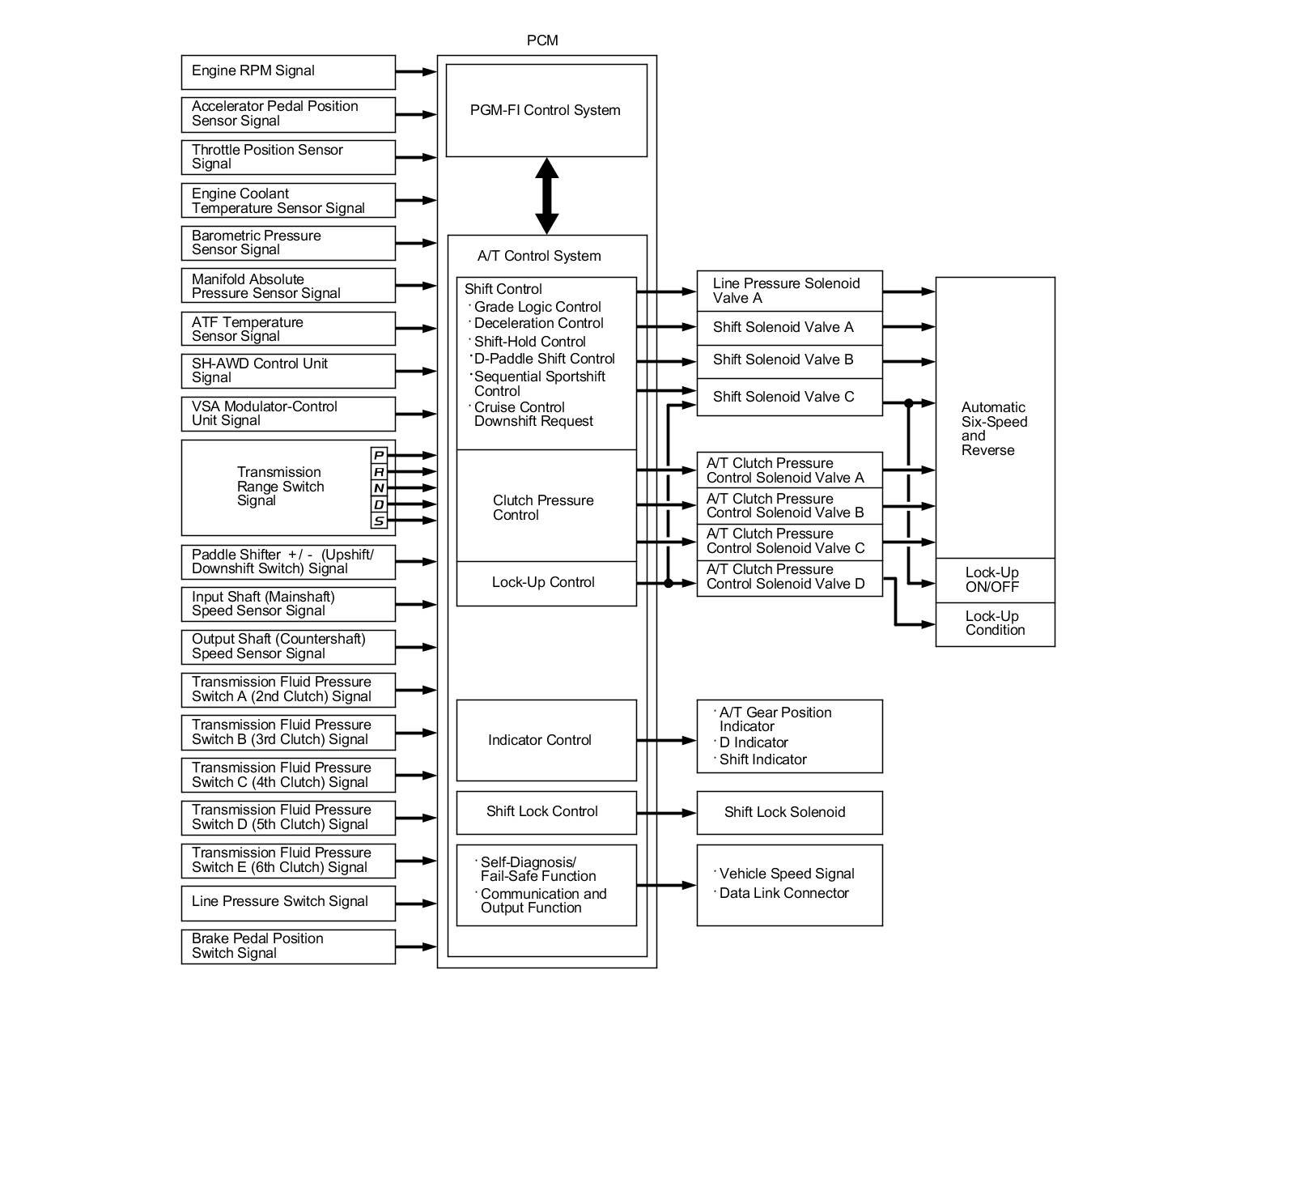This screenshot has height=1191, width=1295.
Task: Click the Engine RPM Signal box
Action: point(287,72)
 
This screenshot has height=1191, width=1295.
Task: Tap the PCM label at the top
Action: point(542,40)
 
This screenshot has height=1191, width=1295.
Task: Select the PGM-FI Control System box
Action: point(546,110)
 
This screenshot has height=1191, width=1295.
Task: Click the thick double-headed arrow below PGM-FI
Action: point(547,196)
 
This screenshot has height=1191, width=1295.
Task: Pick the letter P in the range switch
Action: point(378,455)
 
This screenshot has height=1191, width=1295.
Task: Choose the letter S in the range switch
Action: point(378,521)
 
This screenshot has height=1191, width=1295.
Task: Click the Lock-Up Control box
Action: point(546,583)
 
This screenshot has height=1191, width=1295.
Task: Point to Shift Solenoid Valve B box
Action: point(789,360)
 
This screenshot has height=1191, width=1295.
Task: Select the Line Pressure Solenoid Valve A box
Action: point(789,291)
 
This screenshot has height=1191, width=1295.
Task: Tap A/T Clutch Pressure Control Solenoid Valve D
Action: point(789,577)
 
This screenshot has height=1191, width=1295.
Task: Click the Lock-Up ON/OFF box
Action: point(995,580)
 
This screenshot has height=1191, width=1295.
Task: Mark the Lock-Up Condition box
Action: point(995,623)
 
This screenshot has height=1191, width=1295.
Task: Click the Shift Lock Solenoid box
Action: point(789,812)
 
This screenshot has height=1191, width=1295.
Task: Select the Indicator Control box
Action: point(546,740)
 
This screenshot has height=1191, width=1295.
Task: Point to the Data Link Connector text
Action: point(783,893)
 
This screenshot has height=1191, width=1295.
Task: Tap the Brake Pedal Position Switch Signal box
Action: point(287,946)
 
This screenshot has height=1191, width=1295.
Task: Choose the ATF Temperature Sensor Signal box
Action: point(287,329)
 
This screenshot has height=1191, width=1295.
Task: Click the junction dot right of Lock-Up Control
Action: point(669,583)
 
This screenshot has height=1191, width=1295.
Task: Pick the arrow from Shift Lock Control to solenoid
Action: point(666,812)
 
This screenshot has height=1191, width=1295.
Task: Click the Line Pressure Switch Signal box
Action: point(287,903)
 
